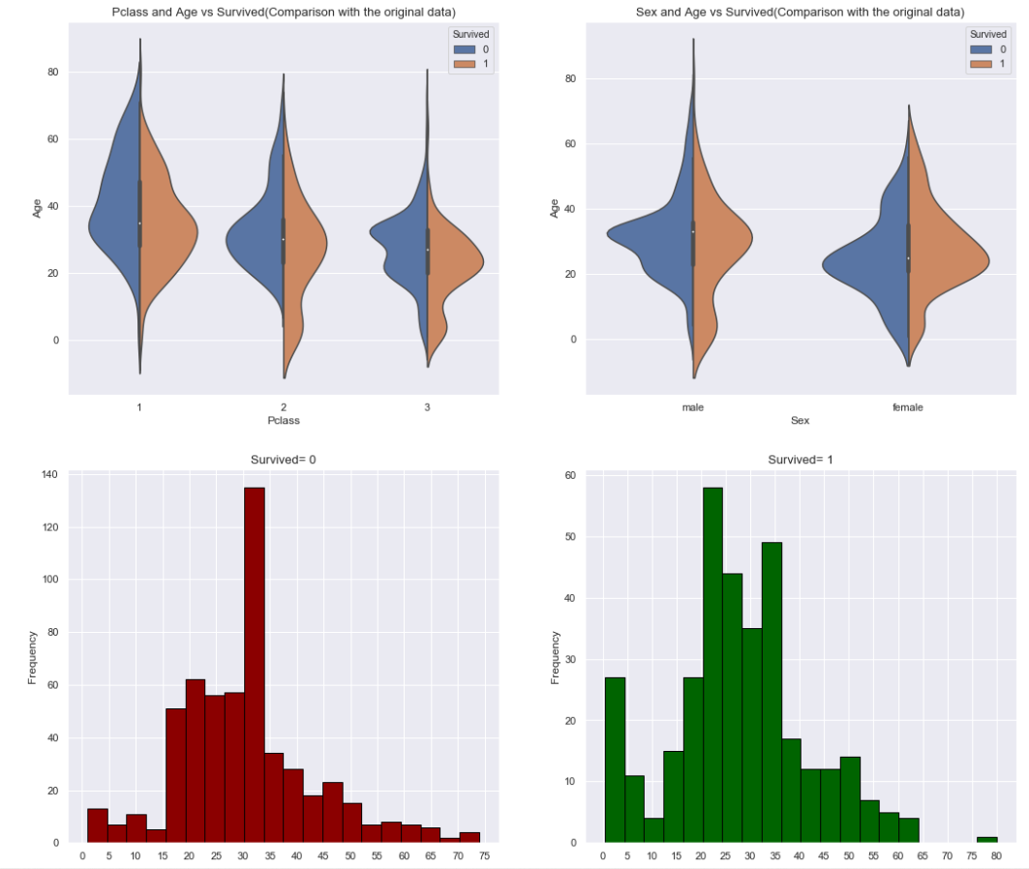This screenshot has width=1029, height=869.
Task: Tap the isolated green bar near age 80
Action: (986, 839)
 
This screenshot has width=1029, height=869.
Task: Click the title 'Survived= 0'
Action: (284, 460)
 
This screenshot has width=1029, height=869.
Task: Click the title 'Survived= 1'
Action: (800, 460)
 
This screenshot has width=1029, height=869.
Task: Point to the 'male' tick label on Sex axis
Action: (693, 407)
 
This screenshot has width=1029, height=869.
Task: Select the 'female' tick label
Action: (908, 407)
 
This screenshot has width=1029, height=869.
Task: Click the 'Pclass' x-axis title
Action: (284, 421)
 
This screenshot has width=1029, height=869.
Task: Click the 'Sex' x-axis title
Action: (800, 421)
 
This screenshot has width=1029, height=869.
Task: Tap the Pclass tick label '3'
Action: (427, 407)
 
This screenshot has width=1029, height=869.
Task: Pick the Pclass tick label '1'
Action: (139, 407)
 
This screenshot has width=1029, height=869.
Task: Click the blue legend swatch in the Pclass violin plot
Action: (461, 48)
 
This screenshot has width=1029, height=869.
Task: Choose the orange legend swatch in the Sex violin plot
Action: (980, 64)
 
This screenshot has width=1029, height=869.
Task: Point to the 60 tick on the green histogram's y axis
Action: (570, 476)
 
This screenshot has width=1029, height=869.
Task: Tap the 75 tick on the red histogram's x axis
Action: (483, 855)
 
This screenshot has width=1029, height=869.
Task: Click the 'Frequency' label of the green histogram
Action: (555, 657)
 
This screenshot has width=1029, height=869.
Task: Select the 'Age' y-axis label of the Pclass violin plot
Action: (37, 207)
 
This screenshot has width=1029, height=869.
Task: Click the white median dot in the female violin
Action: (908, 258)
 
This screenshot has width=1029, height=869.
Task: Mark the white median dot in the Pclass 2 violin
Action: (284, 239)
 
